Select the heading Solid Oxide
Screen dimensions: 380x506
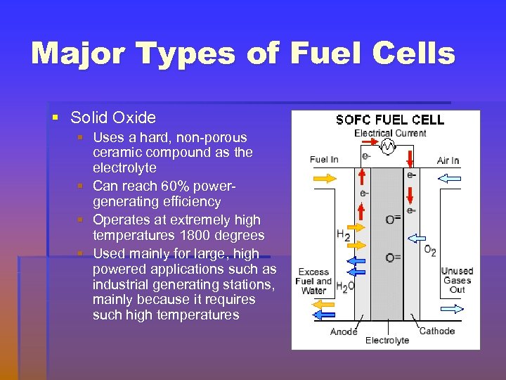click(113, 118)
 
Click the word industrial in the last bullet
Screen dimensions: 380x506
click(123, 284)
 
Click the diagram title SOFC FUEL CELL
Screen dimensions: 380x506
click(390, 120)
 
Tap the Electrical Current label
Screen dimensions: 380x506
click(390, 133)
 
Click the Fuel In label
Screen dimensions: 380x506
click(324, 160)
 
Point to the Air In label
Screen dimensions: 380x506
click(448, 160)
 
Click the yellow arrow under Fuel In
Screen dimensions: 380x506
click(324, 179)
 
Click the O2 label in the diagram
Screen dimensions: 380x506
click(430, 250)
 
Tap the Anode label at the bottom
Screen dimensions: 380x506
click(344, 331)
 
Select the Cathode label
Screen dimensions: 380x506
click(437, 331)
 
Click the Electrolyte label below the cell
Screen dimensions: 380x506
click(387, 341)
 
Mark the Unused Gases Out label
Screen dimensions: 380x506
click(457, 280)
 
